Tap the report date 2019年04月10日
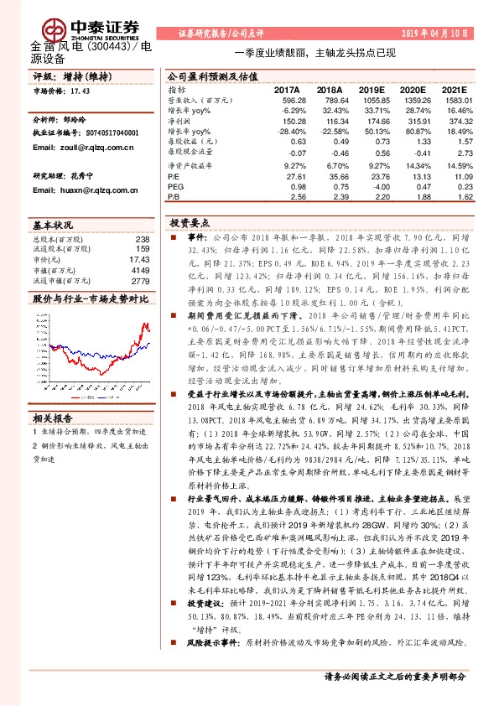448,34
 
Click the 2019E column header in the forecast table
377,90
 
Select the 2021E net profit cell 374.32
470,121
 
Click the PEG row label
174,188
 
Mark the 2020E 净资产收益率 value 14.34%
424,166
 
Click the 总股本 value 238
142,240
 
